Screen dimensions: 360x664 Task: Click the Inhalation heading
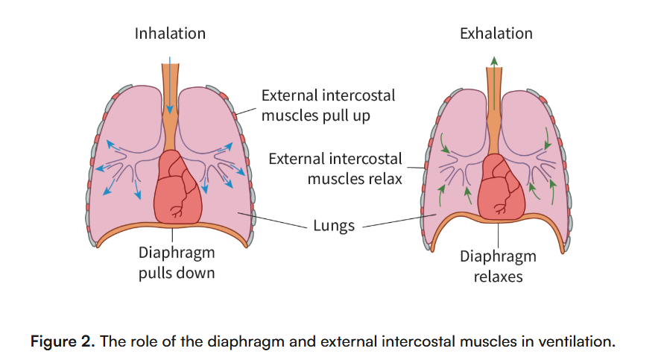pyautogui.click(x=170, y=34)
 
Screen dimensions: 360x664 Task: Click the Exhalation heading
pyautogui.click(x=496, y=34)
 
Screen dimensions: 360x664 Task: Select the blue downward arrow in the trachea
pyautogui.click(x=170, y=82)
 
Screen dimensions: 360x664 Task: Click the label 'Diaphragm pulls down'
pyautogui.click(x=177, y=263)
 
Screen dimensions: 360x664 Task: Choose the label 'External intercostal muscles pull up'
pyautogui.click(x=328, y=105)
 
